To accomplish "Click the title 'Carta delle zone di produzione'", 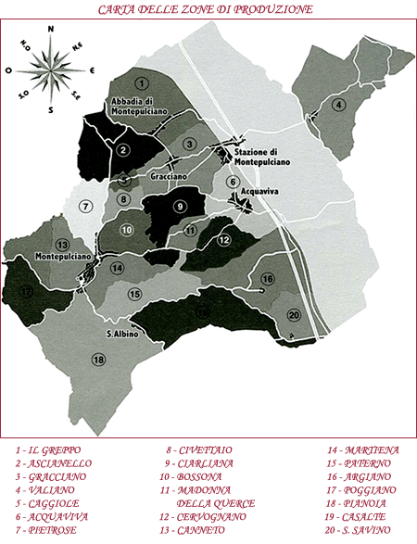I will (x=208, y=10).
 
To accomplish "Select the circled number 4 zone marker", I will (x=339, y=104).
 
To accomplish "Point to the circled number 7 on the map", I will (x=86, y=206).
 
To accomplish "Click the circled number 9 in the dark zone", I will (x=180, y=206).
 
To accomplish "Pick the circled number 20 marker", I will (x=294, y=313).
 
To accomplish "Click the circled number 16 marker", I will (x=268, y=279).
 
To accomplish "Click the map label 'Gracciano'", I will (x=168, y=175).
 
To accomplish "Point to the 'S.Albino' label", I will (x=122, y=334).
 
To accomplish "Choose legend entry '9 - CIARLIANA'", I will (x=199, y=462).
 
